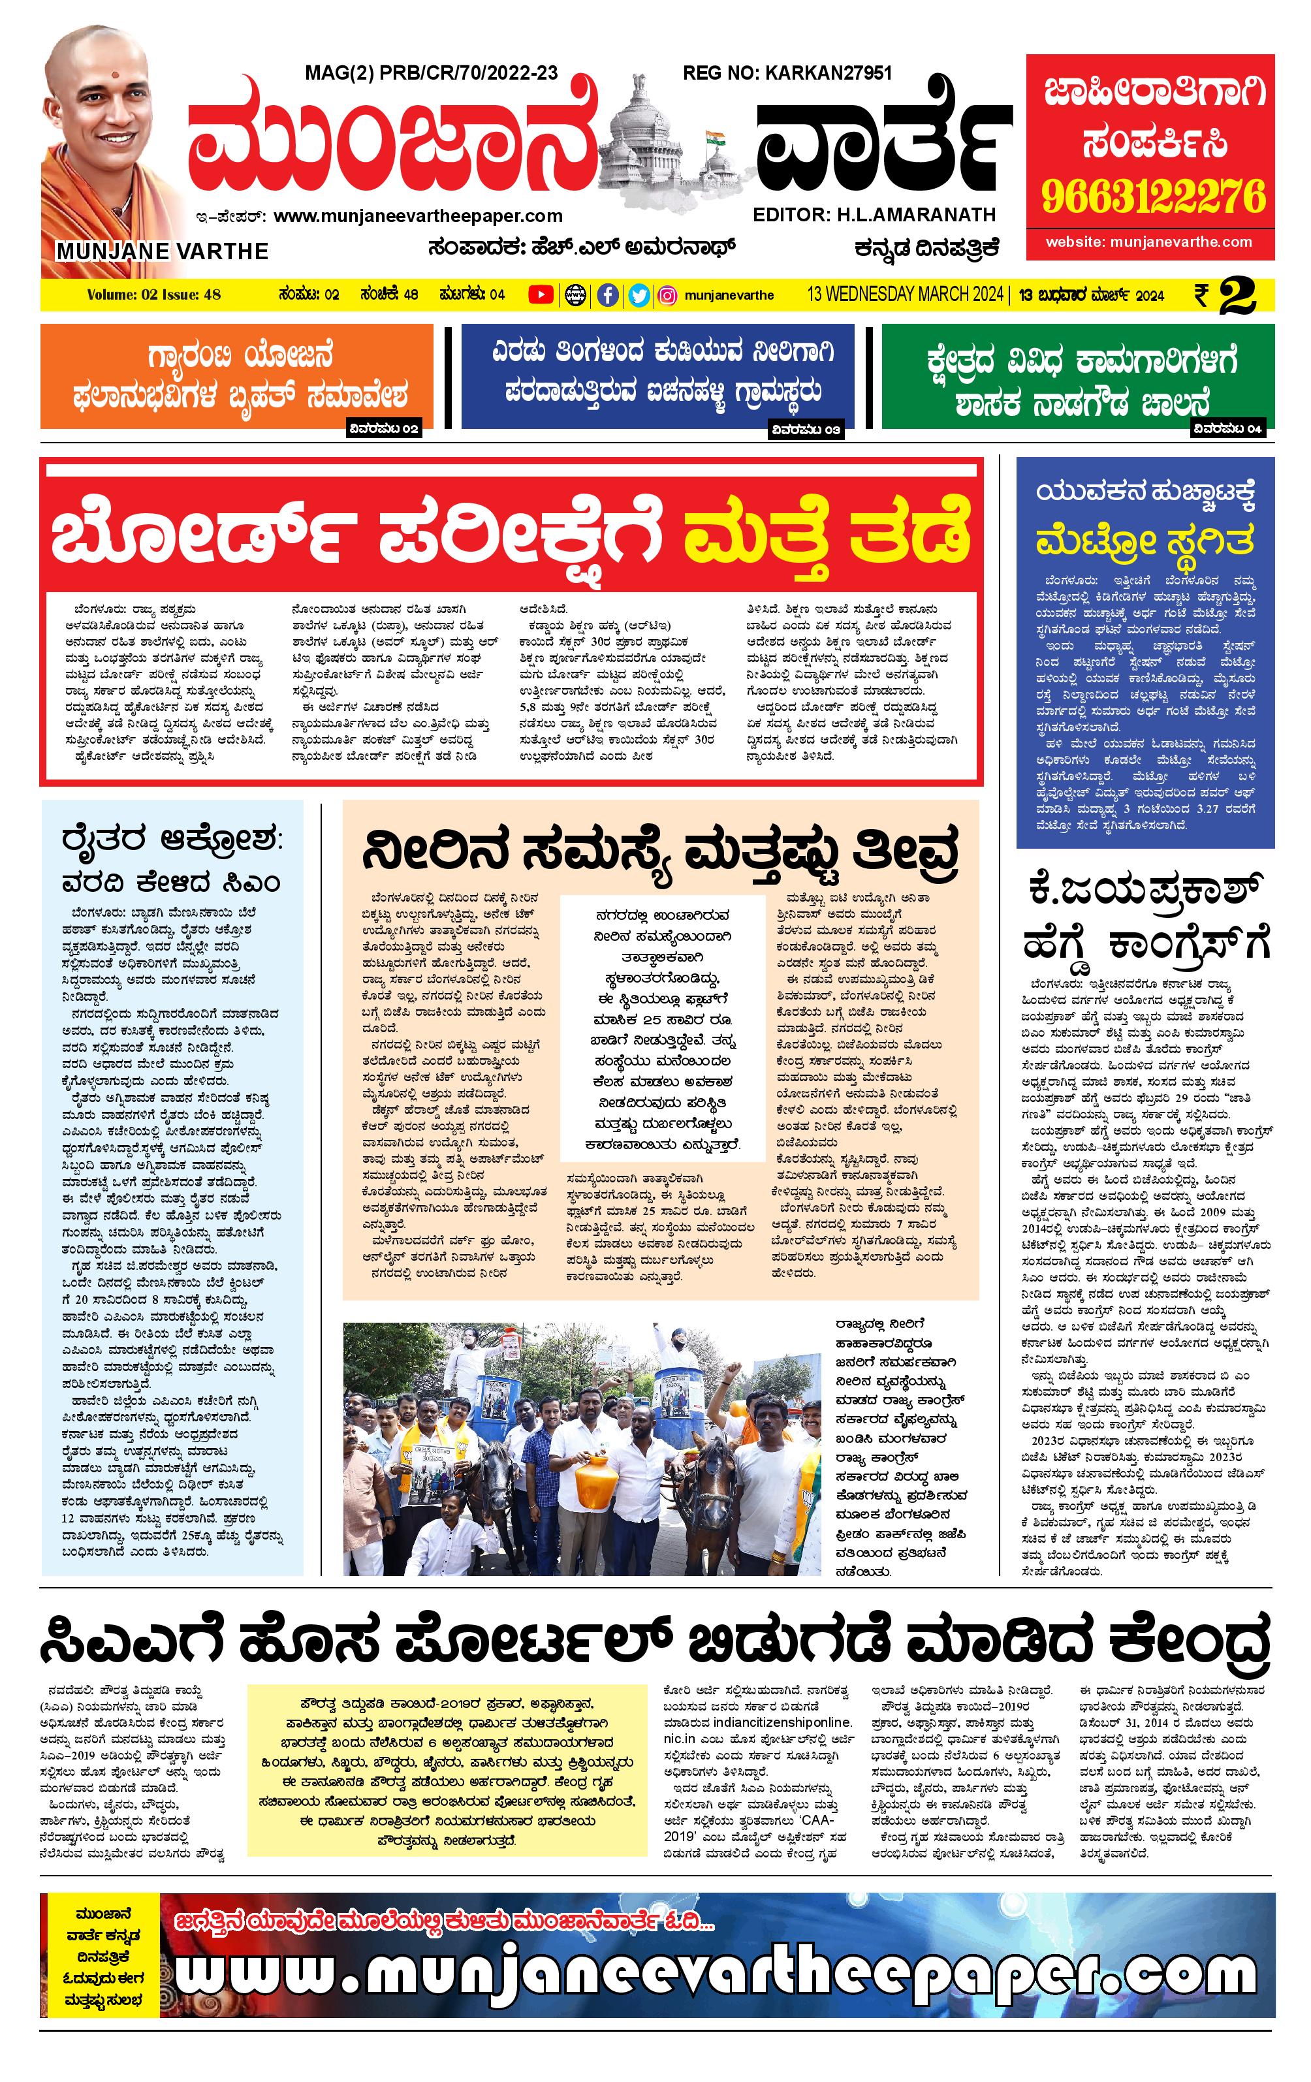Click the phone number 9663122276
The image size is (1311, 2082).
[1153, 197]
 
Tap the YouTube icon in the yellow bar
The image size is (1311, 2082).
[541, 295]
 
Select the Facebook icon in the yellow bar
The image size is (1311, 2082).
[608, 295]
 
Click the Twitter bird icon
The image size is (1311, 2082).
[639, 295]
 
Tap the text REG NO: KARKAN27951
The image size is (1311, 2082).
[787, 74]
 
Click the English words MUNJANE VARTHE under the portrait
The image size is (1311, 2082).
[163, 251]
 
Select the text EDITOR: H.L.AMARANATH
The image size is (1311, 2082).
[874, 214]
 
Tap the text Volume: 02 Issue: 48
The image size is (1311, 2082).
[154, 295]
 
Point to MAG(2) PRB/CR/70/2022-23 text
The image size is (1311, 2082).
[432, 74]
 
